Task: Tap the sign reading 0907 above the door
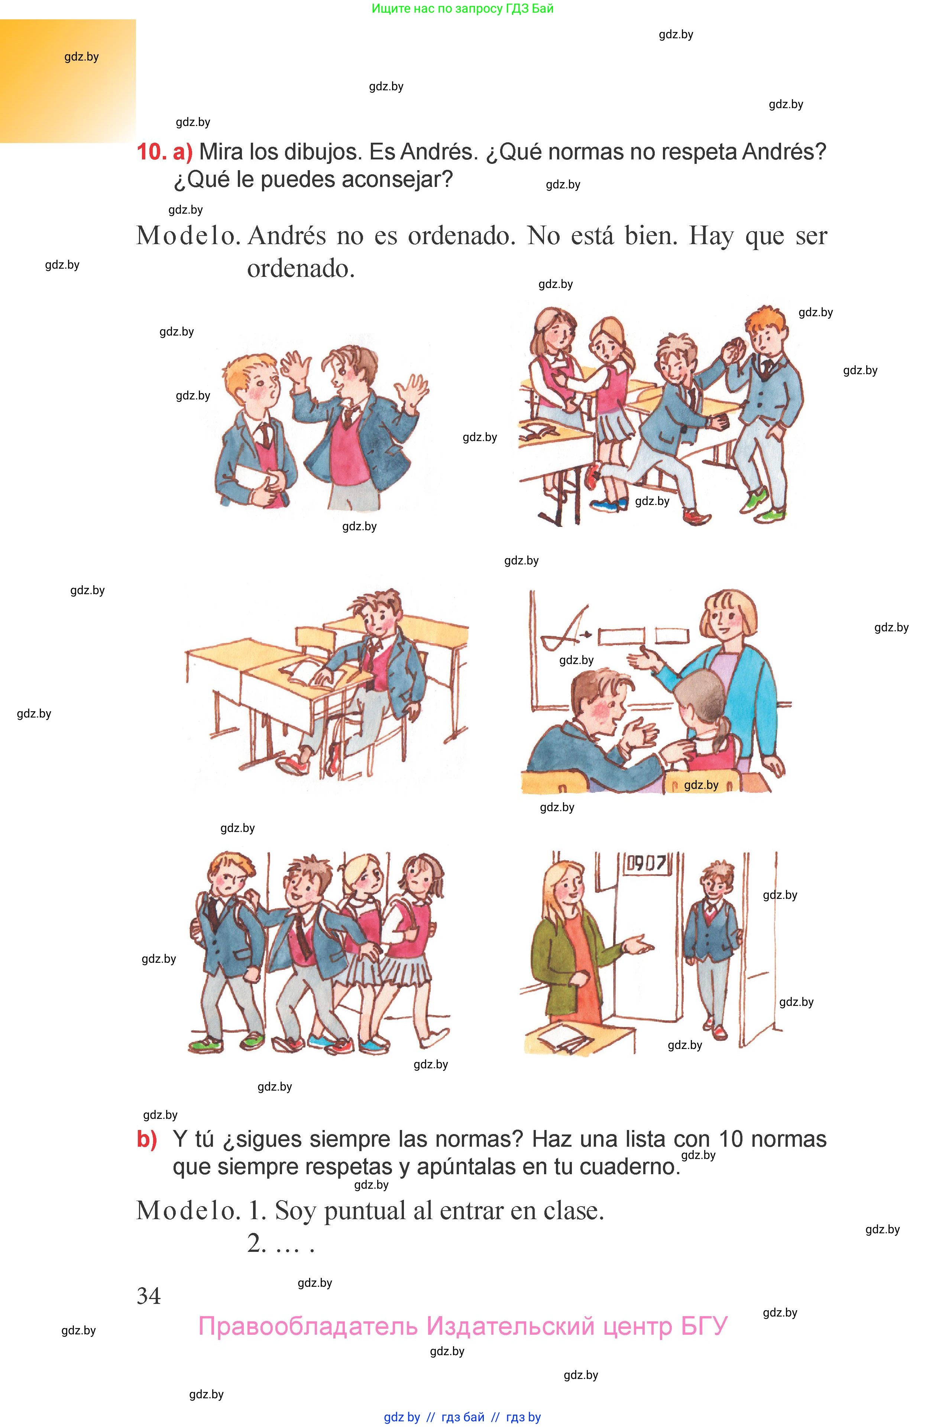coord(646,864)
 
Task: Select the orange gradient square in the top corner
coord(67,81)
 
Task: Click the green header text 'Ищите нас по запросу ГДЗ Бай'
coord(462,9)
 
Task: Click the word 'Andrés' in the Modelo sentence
coord(287,236)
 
